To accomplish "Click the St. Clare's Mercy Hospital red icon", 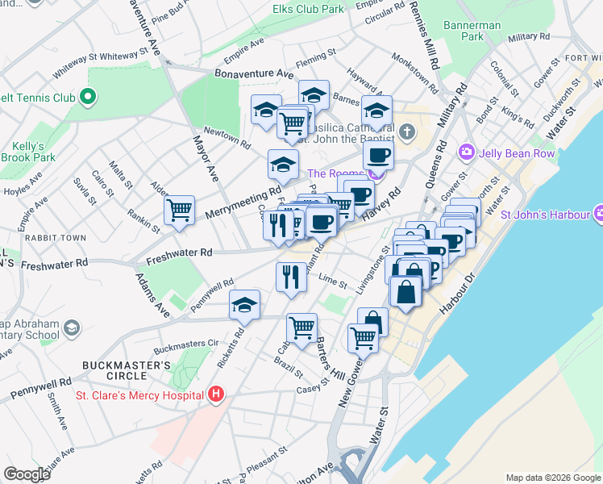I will click(215, 394).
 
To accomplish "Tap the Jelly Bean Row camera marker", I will click(466, 152).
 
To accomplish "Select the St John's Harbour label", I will click(547, 215).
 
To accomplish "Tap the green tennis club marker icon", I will click(88, 98).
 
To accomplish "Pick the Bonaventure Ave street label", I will click(254, 73).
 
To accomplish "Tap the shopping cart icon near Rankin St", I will click(179, 211).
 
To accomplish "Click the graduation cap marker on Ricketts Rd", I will click(244, 305).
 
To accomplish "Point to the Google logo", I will click(27, 474).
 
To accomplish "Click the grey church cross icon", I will click(407, 131).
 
